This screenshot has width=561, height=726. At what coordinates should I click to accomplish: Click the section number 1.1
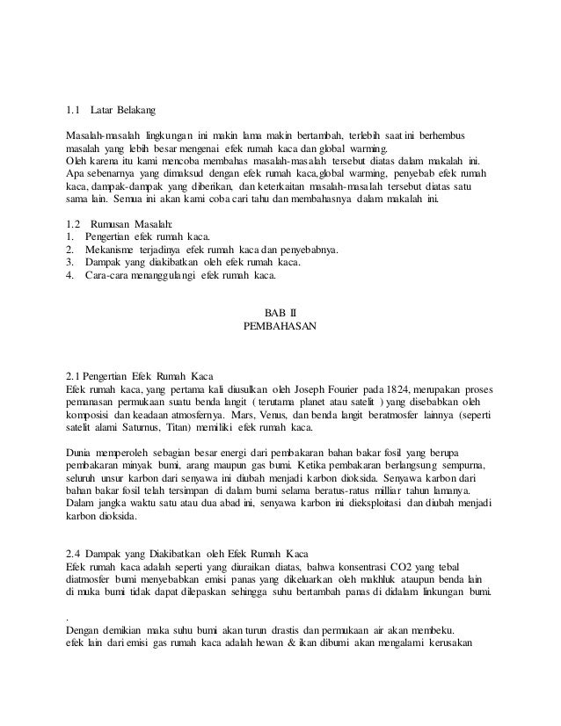coord(72,111)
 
